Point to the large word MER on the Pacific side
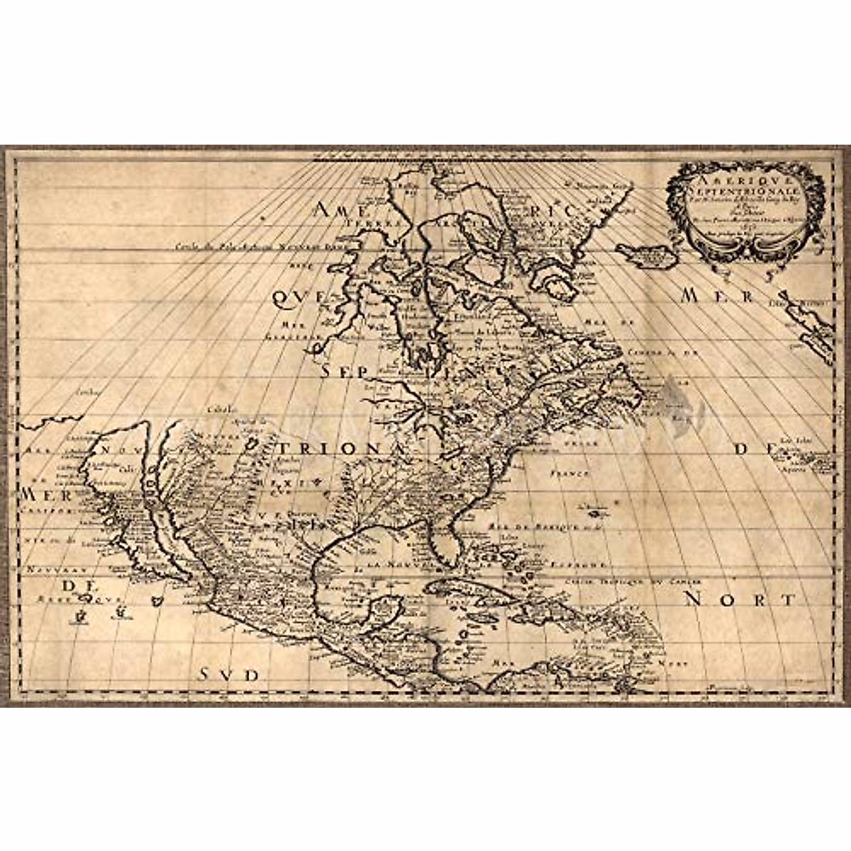click(x=40, y=494)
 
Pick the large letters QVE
click(x=294, y=301)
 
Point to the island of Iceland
click(x=642, y=251)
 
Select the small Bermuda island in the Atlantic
click(x=593, y=508)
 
